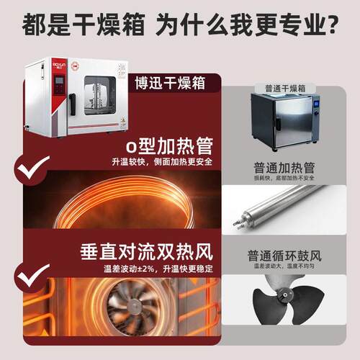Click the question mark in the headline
(x=332, y=24)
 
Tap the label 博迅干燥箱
(x=170, y=83)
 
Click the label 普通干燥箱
(x=285, y=89)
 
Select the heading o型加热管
(x=169, y=146)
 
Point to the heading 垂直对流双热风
(x=146, y=252)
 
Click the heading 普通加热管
(x=284, y=168)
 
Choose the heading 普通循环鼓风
(x=284, y=256)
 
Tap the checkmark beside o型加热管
(x=32, y=167)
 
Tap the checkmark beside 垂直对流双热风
(x=32, y=275)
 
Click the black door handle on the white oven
(x=72, y=104)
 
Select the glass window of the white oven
(x=100, y=96)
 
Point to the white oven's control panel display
(x=59, y=80)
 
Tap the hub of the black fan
(x=284, y=294)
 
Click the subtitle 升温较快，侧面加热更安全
(x=162, y=162)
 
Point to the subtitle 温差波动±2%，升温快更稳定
(x=158, y=269)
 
